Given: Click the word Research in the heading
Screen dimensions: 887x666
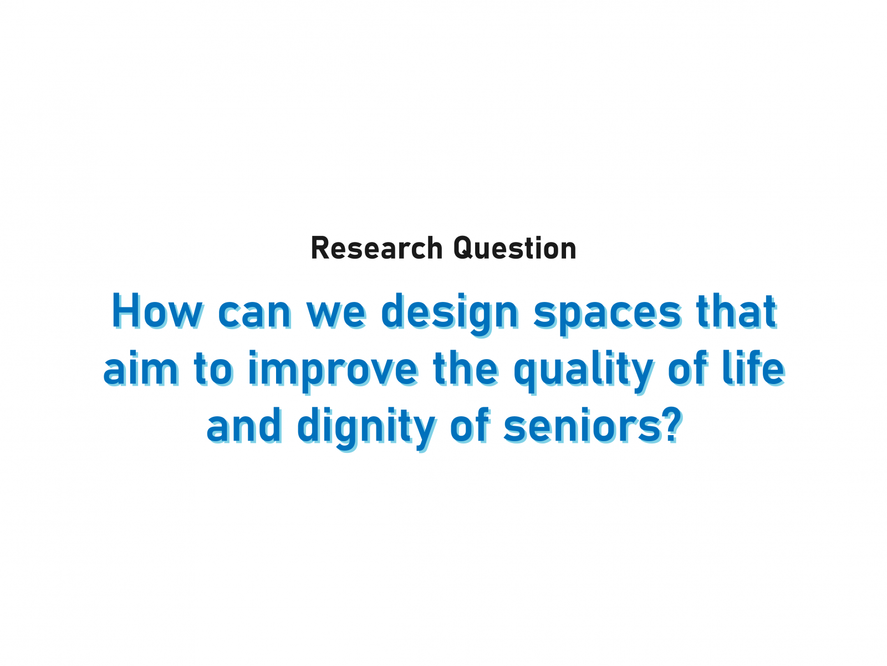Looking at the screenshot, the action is pyautogui.click(x=377, y=248).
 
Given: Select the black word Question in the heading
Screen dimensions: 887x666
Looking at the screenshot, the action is pyautogui.click(x=515, y=248).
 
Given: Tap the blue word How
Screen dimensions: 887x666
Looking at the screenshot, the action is pyautogui.click(x=157, y=311).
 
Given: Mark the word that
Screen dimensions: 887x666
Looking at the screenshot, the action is pyautogui.click(x=736, y=311).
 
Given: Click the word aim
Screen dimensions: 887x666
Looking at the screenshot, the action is pyautogui.click(x=141, y=369).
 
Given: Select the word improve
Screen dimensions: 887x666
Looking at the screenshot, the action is pyautogui.click(x=334, y=372).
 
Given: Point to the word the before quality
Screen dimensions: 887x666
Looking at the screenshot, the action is pyautogui.click(x=466, y=369).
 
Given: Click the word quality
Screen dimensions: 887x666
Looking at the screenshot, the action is pyautogui.click(x=584, y=372).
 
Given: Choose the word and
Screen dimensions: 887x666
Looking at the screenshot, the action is pyautogui.click(x=244, y=426).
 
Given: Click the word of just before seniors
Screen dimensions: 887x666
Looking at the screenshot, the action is pyautogui.click(x=470, y=426).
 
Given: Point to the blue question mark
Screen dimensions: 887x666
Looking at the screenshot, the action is pyautogui.click(x=673, y=426).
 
